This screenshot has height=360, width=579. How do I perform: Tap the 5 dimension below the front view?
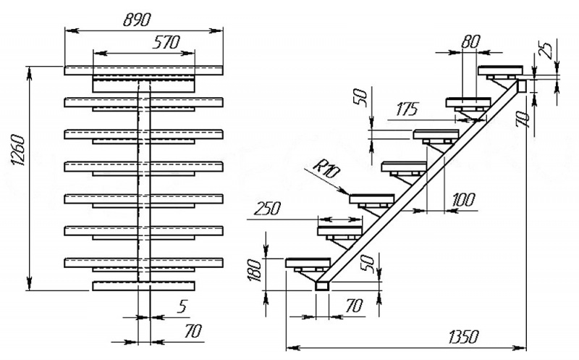click(182, 307)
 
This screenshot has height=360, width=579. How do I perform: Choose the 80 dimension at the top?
click(470, 42)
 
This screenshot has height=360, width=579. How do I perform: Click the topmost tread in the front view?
click(144, 70)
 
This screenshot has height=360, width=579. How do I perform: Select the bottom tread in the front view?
click(144, 286)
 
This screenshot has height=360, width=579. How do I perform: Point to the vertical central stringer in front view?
click(144, 181)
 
